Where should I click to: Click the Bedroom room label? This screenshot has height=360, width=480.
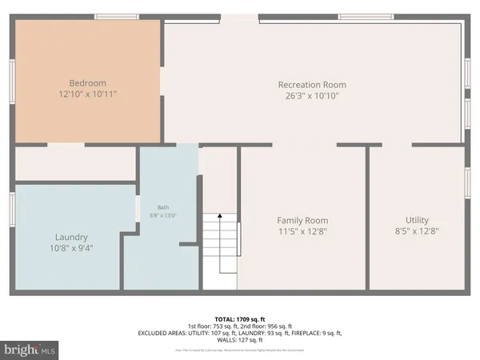coord(87,82)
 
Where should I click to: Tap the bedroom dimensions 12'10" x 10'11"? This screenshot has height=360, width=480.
coord(87,94)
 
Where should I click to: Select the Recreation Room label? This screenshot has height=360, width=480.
coord(312,85)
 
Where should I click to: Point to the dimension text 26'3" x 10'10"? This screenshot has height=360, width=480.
coord(312,96)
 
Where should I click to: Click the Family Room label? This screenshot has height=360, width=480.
coord(302,220)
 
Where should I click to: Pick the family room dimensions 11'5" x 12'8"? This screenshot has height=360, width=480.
coord(302,231)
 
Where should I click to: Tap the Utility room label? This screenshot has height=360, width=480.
coord(417,220)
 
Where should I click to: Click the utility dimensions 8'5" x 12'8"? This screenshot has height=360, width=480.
coord(417,231)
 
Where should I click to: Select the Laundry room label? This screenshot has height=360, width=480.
coord(71,237)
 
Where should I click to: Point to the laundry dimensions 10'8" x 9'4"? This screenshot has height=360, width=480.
coord(71,248)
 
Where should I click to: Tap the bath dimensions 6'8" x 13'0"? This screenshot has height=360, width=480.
coord(162,215)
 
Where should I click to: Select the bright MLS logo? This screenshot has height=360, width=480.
coord(30,350)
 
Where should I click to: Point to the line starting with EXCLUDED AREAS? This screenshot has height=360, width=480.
coord(240,333)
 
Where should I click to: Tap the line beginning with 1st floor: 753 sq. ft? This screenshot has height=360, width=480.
coord(240,325)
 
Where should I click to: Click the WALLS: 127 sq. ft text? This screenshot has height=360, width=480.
coord(240,341)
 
